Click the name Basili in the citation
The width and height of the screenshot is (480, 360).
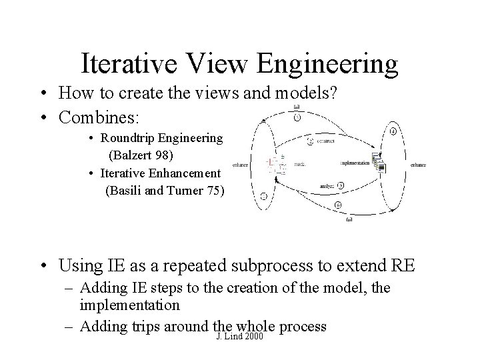coord(127,191)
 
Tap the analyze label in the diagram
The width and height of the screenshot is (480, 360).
coord(325,185)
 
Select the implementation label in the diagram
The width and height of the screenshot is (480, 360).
coord(354,162)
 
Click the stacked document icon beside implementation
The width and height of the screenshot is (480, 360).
coord(380,162)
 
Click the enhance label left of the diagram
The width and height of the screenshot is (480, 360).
coord(240,165)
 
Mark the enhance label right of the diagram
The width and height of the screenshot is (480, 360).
coord(418,164)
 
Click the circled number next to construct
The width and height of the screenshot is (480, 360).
coord(310,141)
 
